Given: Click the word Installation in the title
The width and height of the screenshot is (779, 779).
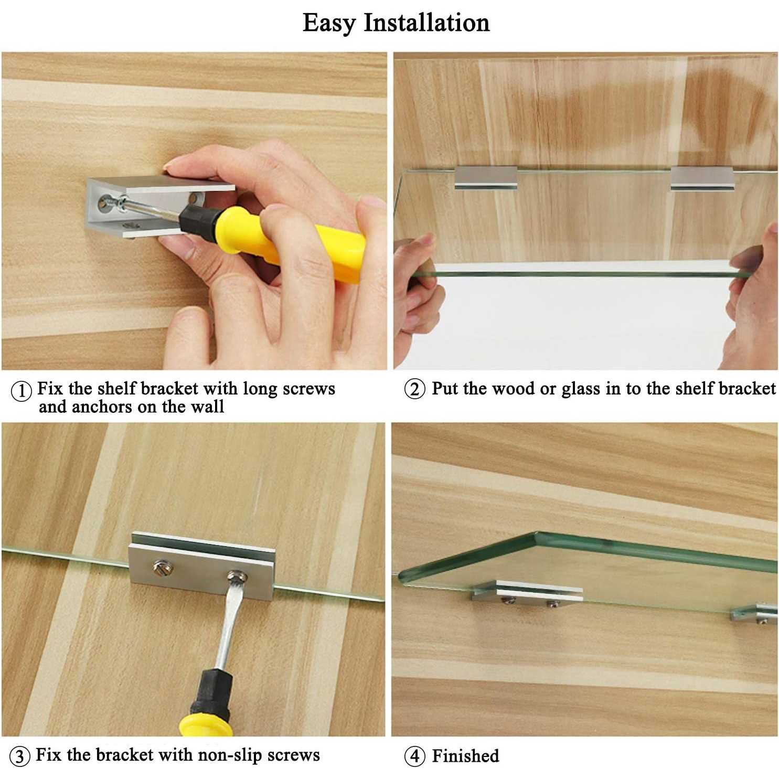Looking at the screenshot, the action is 426,23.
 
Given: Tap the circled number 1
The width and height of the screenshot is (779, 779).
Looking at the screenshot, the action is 21,391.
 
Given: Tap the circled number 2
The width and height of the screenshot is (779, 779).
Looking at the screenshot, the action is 414,389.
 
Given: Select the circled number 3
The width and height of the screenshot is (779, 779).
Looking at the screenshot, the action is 20,756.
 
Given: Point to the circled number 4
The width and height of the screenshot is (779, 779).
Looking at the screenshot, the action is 414,756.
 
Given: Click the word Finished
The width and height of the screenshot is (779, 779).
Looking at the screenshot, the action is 465,756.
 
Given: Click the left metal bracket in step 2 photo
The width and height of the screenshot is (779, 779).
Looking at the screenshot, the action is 486,177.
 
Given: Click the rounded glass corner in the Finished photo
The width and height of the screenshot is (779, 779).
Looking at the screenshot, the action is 536,536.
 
